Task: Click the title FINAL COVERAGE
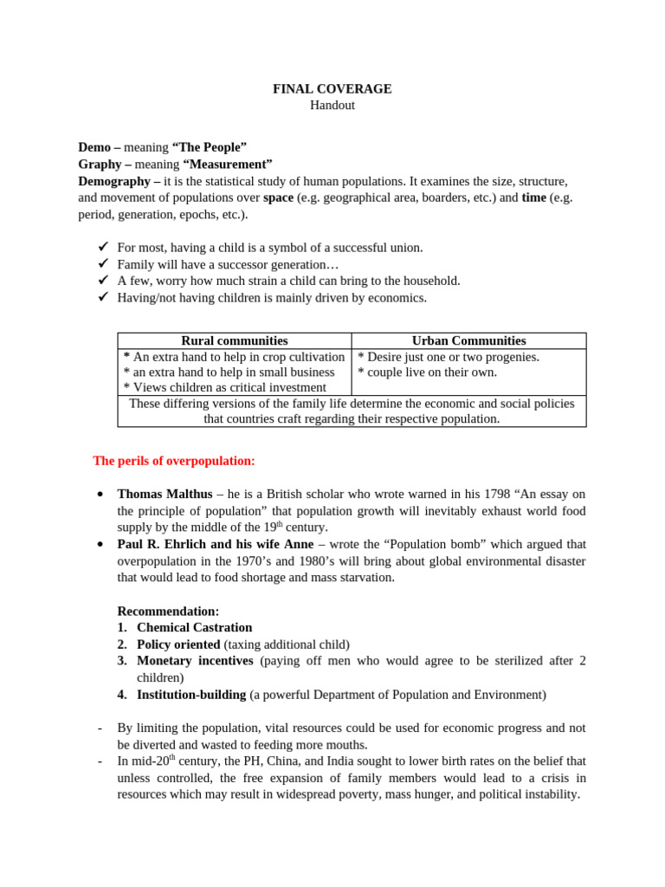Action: (x=332, y=89)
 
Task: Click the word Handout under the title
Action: (x=332, y=106)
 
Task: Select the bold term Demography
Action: (x=115, y=181)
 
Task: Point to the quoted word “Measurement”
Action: (x=227, y=164)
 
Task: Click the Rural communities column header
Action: (x=234, y=341)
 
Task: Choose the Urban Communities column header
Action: (x=468, y=341)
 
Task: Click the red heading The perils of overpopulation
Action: (x=174, y=460)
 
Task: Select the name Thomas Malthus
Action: (x=165, y=495)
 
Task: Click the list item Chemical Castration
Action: (x=195, y=627)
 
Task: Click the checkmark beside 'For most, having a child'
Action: (x=101, y=248)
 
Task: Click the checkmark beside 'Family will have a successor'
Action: (x=101, y=264)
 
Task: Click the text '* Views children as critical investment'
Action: (x=225, y=388)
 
